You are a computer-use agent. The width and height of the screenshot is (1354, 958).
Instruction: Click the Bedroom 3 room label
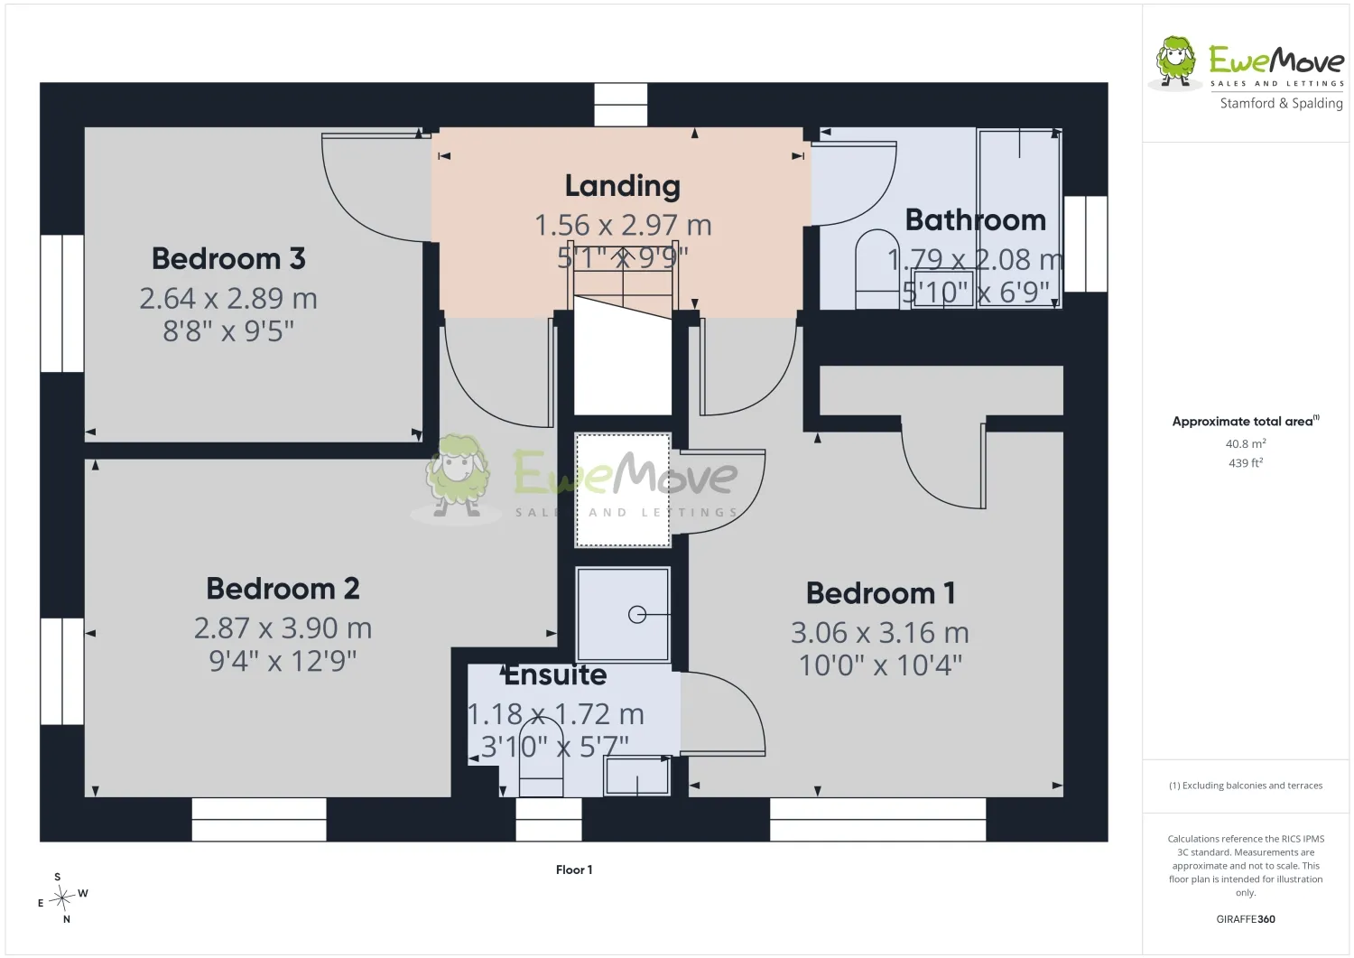(228, 259)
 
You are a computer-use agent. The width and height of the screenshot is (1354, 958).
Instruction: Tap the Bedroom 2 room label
(283, 589)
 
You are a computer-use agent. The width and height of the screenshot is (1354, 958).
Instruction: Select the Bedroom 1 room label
(881, 592)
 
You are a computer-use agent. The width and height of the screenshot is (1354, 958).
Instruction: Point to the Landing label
(623, 186)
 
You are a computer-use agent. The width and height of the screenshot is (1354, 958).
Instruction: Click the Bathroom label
(976, 220)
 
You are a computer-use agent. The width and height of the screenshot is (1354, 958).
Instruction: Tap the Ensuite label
(555, 675)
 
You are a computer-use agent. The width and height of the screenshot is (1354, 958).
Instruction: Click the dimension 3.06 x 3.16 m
(880, 633)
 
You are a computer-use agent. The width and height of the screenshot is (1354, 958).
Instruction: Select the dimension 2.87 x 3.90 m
(283, 628)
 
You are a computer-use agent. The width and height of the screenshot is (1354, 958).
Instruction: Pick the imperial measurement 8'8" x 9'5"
(228, 331)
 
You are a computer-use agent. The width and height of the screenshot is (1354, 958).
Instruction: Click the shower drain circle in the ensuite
(637, 615)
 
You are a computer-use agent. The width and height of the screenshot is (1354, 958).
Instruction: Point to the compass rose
(62, 898)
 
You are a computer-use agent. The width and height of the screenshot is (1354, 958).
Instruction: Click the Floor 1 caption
(574, 870)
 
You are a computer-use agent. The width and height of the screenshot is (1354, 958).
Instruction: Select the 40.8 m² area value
(1246, 443)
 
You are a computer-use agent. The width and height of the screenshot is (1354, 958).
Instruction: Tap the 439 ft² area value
(1246, 462)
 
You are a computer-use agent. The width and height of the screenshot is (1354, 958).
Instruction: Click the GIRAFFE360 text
(1246, 919)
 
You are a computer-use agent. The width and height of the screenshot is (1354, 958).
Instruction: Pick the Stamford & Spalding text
(1282, 104)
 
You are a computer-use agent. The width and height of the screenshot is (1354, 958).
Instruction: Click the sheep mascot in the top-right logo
(1175, 63)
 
